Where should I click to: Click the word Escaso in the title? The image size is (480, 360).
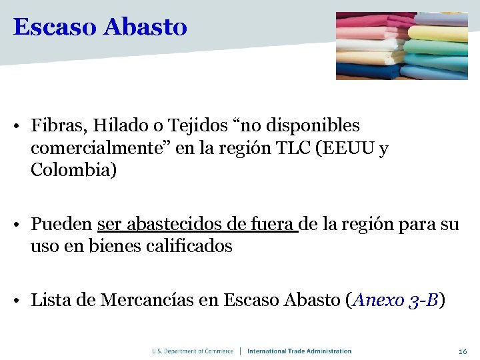[55, 27]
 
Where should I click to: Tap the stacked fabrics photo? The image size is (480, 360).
[401, 46]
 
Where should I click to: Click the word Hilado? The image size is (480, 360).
[114, 125]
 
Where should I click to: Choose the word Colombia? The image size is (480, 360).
[73, 170]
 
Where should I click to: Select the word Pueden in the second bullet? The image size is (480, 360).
[61, 224]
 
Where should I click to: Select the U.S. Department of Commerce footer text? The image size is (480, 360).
[193, 351]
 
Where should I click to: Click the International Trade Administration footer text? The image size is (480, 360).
[299, 351]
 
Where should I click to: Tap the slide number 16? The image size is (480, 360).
[463, 351]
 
